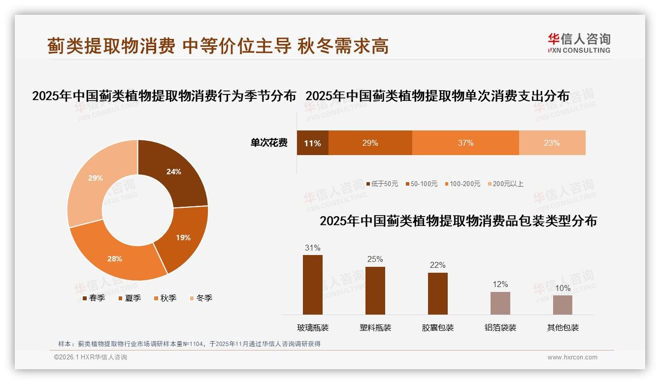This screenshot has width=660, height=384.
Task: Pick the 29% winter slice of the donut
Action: click(96, 178)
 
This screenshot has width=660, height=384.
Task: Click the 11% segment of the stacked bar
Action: click(312, 143)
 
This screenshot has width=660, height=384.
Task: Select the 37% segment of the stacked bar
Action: click(465, 143)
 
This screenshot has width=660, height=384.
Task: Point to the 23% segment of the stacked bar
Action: click(552, 143)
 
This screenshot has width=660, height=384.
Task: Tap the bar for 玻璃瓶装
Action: click(313, 285)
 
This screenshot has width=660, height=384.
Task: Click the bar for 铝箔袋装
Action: click(500, 303)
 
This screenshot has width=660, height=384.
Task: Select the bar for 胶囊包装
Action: click(437, 293)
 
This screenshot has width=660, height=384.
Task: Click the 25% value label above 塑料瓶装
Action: click(375, 259)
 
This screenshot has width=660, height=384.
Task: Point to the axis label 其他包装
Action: click(562, 328)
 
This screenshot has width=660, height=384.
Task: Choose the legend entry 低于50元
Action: click(382, 184)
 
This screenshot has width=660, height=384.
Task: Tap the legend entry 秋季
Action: click(165, 298)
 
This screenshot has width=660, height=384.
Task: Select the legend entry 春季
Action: click(94, 298)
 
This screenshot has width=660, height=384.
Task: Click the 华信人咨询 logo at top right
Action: click(579, 43)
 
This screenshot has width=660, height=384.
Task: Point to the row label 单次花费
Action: click(269, 143)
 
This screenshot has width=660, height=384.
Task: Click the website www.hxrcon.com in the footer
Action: click(572, 357)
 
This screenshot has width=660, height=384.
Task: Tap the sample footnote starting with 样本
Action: click(189, 344)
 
